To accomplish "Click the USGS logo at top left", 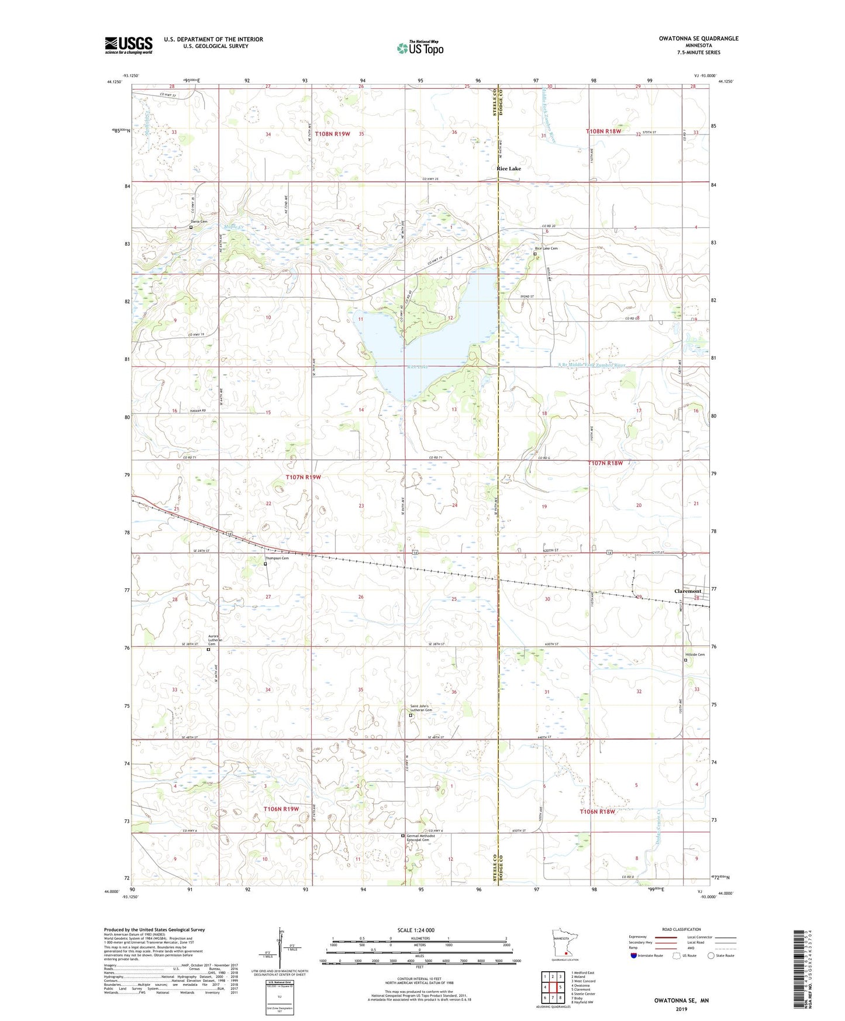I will [129, 45].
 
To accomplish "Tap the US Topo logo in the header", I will [419, 48].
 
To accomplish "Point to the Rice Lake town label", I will [508, 168].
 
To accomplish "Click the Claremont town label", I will [687, 591].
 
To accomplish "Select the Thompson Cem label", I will [277, 558].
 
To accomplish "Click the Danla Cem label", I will [199, 222].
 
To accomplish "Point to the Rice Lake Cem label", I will [546, 249].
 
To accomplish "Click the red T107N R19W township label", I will [303, 477].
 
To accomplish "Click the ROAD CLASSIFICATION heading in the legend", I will [681, 929].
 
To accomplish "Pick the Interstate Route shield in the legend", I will [634, 956].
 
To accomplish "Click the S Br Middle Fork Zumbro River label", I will [591, 365].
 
